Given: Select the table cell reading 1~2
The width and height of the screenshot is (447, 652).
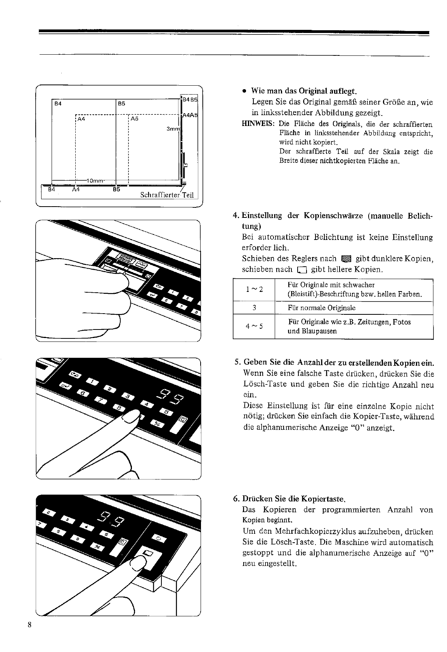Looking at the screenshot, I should tap(254, 290).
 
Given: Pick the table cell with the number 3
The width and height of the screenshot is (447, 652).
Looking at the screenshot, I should tap(254, 308).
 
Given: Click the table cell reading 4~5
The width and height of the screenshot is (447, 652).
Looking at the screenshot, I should tap(254, 326).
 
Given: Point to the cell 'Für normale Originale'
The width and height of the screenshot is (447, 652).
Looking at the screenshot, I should tap(322, 308).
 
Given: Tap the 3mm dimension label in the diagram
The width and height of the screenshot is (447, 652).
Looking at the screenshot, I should tap(173, 129).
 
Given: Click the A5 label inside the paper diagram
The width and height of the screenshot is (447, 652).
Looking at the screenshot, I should tap(135, 119).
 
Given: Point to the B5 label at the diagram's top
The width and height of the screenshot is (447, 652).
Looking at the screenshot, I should tap(121, 103).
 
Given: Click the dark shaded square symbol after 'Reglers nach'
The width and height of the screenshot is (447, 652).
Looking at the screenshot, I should tap(345, 259).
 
